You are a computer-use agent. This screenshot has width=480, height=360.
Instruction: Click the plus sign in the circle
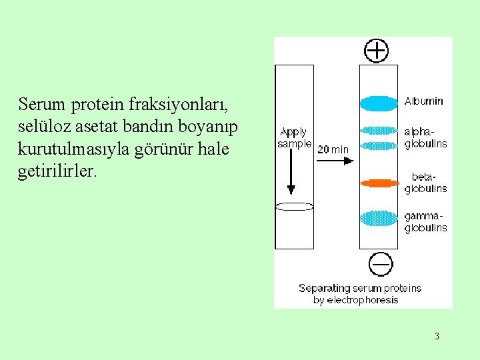click(x=378, y=50)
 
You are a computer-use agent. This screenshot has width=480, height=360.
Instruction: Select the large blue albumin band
click(x=379, y=103)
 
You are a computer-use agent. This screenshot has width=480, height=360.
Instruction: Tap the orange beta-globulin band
click(x=379, y=182)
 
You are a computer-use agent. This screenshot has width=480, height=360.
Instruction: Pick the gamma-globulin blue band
click(x=379, y=218)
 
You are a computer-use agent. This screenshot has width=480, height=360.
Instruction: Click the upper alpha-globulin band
click(x=379, y=131)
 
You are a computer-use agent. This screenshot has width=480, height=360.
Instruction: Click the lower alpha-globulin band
click(x=379, y=145)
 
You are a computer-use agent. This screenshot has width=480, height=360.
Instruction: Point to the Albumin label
click(x=423, y=101)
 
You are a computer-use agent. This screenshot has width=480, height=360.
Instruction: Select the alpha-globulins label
click(x=425, y=138)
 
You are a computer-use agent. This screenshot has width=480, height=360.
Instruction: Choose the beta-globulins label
click(x=425, y=183)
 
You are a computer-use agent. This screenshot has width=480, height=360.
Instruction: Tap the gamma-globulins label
click(x=425, y=222)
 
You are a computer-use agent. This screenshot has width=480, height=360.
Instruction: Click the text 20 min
click(x=333, y=150)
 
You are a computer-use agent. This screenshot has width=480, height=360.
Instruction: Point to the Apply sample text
click(x=294, y=138)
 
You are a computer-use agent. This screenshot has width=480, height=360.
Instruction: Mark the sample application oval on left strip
click(x=294, y=206)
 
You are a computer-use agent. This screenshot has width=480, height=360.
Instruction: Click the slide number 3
click(x=437, y=336)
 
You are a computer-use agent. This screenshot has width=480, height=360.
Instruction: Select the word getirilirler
click(x=57, y=171)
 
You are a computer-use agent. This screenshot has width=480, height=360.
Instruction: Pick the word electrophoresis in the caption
click(x=365, y=300)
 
